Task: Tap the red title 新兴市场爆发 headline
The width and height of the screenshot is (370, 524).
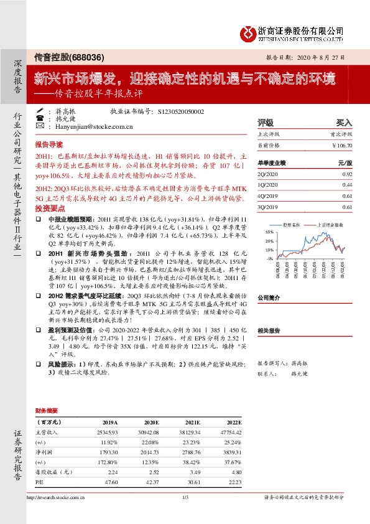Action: [185, 78]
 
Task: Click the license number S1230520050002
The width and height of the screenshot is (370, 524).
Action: [178, 111]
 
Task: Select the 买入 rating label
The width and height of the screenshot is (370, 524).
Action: [344, 123]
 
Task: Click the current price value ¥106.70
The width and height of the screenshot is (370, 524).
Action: [343, 145]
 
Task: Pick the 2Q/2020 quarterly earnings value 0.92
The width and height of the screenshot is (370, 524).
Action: [347, 174]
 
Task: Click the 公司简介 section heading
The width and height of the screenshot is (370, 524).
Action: [270, 298]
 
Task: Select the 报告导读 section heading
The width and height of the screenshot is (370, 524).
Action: [50, 143]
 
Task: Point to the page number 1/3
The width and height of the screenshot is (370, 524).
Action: [185, 497]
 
